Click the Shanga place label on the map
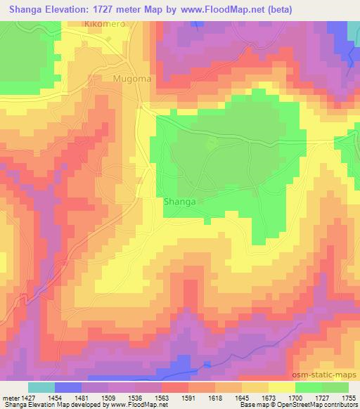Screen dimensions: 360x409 (179, 201)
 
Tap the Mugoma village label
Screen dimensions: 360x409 (131, 79)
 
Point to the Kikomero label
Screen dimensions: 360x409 (103, 23)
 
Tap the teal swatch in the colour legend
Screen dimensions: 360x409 (41, 387)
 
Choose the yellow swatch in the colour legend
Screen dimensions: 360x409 (282, 387)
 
